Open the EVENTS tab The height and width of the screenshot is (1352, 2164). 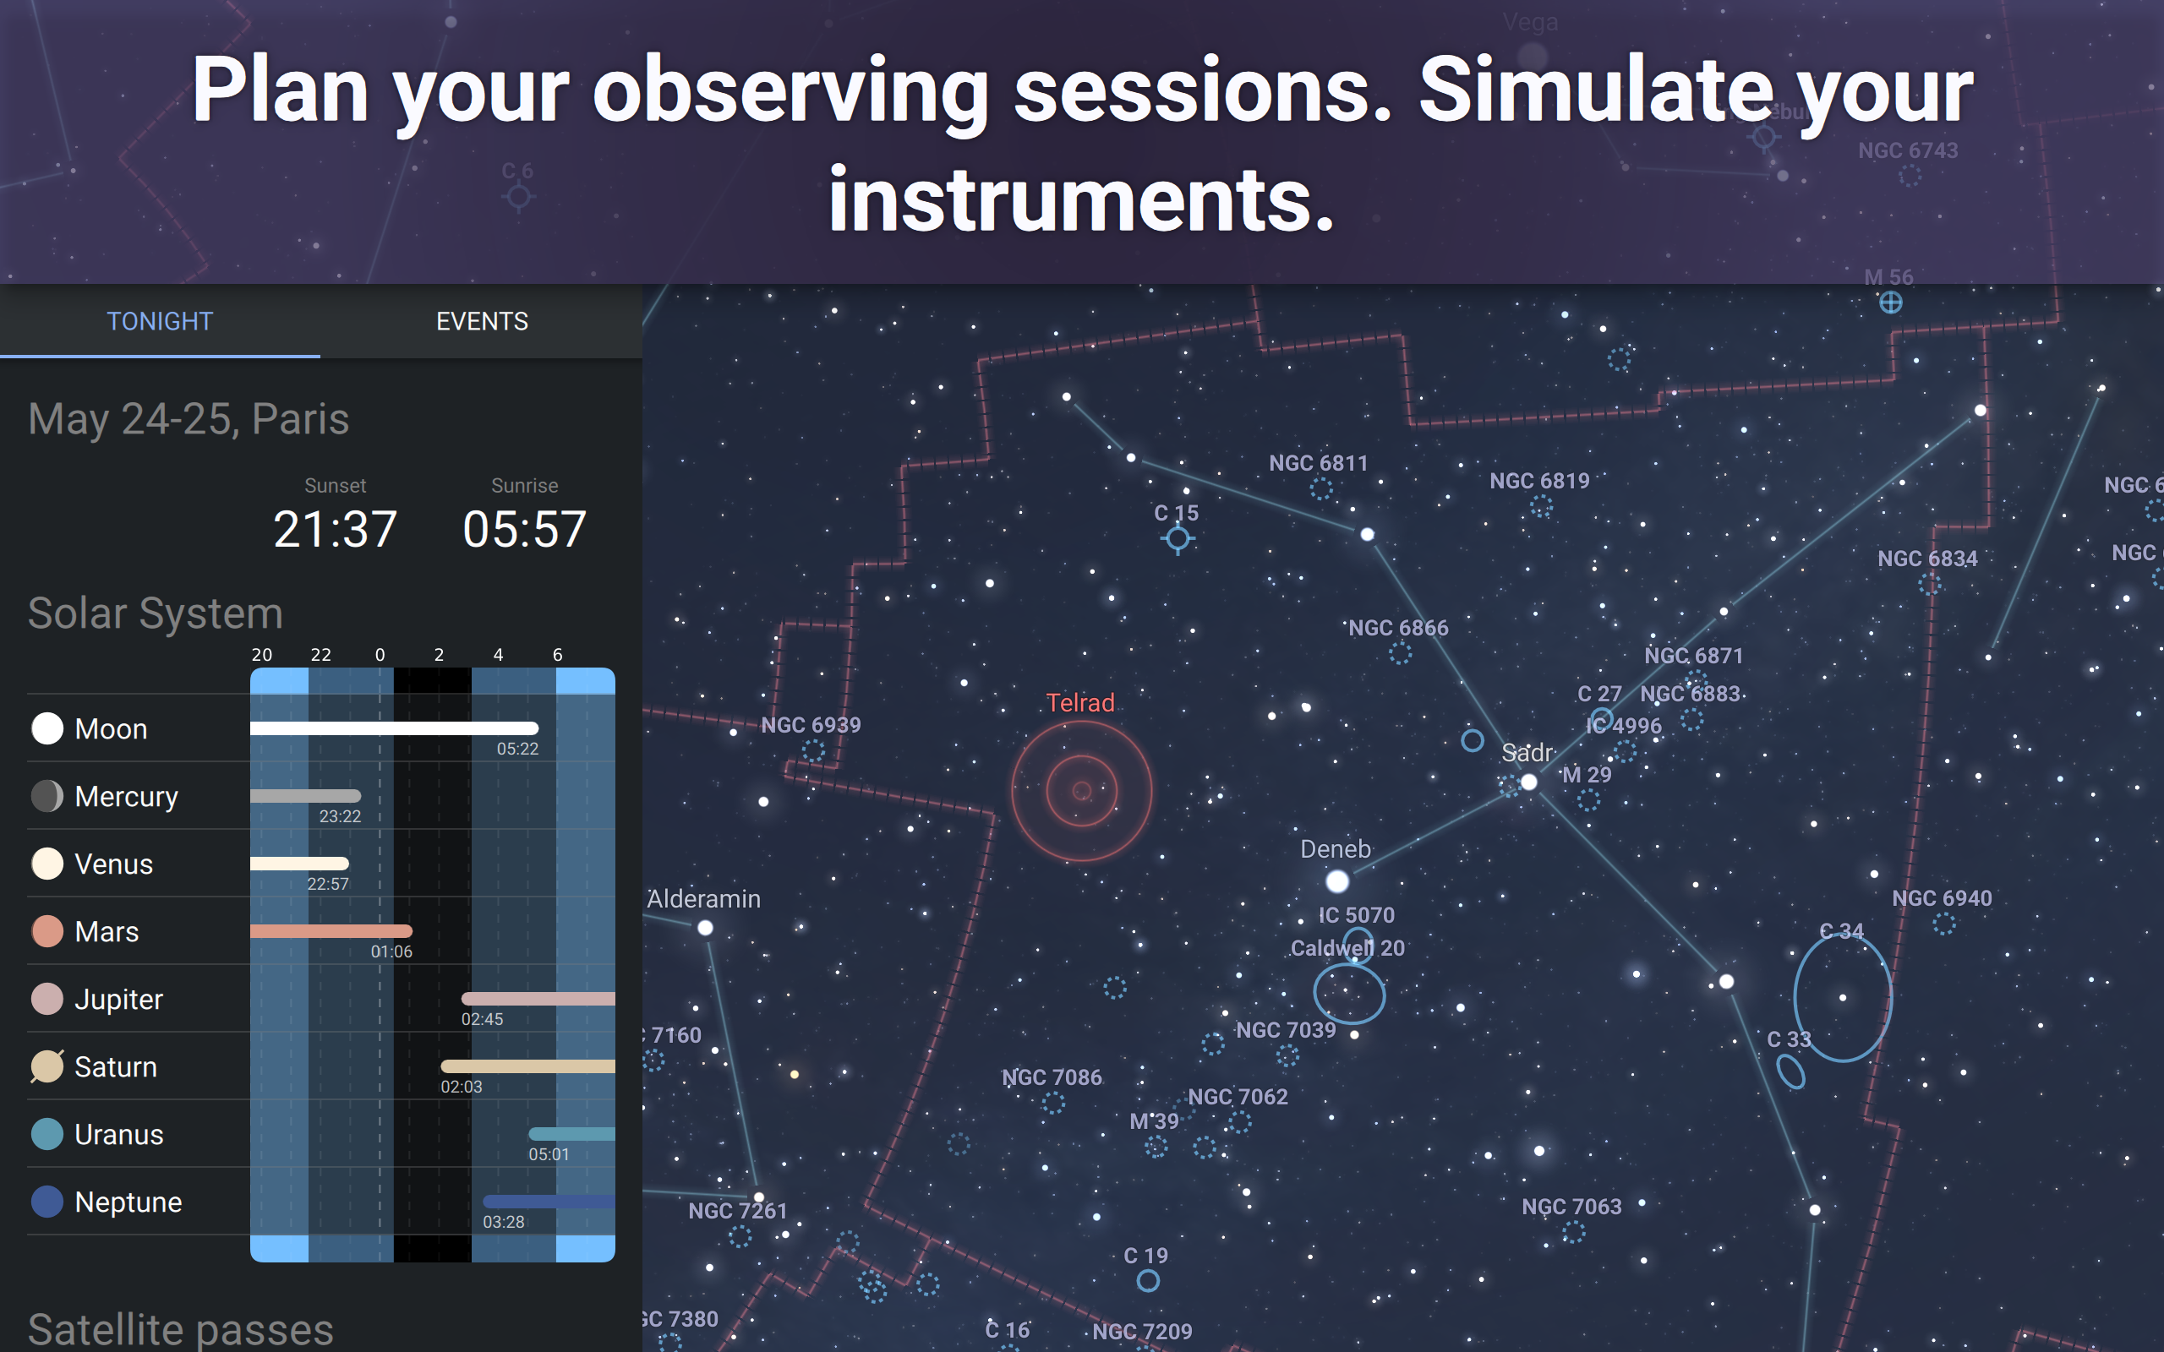pos(481,321)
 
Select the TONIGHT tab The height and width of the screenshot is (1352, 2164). pos(160,321)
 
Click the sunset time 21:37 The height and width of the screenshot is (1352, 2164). pos(335,528)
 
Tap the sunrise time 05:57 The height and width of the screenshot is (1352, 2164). pos(524,528)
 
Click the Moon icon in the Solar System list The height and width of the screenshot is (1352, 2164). pos(47,728)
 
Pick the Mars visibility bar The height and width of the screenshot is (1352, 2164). pos(331,931)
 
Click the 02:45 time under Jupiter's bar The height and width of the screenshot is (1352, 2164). pos(482,1019)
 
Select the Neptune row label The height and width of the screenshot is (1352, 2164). pos(128,1202)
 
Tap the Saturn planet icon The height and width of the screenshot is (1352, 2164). pos(47,1066)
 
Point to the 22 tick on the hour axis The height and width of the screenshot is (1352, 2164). pos(320,655)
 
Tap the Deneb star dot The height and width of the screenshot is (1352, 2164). pos(1336,881)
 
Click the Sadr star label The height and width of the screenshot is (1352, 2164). pos(1527,753)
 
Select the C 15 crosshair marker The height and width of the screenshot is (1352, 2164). pos(1178,538)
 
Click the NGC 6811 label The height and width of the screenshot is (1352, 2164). pos(1318,463)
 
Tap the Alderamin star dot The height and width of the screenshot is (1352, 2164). pos(706,928)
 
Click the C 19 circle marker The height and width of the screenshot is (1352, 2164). pos(1148,1281)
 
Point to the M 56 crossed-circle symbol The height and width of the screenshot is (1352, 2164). pos(1890,303)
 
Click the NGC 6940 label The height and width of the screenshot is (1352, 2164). pos(1942,897)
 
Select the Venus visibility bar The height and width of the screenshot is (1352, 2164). pos(299,864)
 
